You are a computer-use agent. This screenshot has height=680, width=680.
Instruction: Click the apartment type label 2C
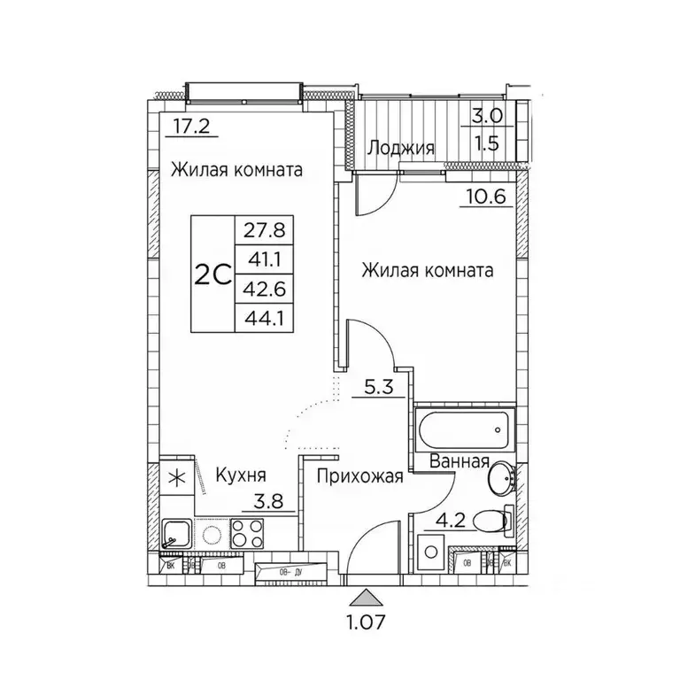click(212, 274)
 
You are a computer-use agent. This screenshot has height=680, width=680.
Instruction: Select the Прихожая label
click(359, 477)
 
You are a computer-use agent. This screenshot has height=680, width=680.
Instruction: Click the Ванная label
click(460, 461)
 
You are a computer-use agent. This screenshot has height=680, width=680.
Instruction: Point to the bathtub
click(464, 429)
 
